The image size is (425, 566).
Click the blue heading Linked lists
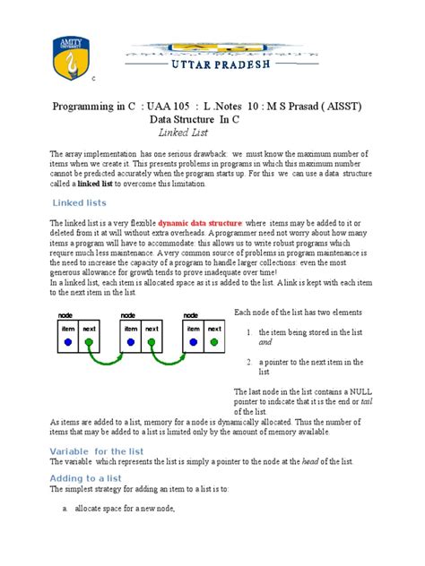click(x=81, y=202)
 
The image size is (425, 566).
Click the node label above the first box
click(x=65, y=315)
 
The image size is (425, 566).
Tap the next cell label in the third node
click(x=213, y=329)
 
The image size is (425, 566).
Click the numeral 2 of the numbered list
click(x=248, y=362)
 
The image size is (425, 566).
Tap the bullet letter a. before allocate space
click(x=65, y=509)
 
